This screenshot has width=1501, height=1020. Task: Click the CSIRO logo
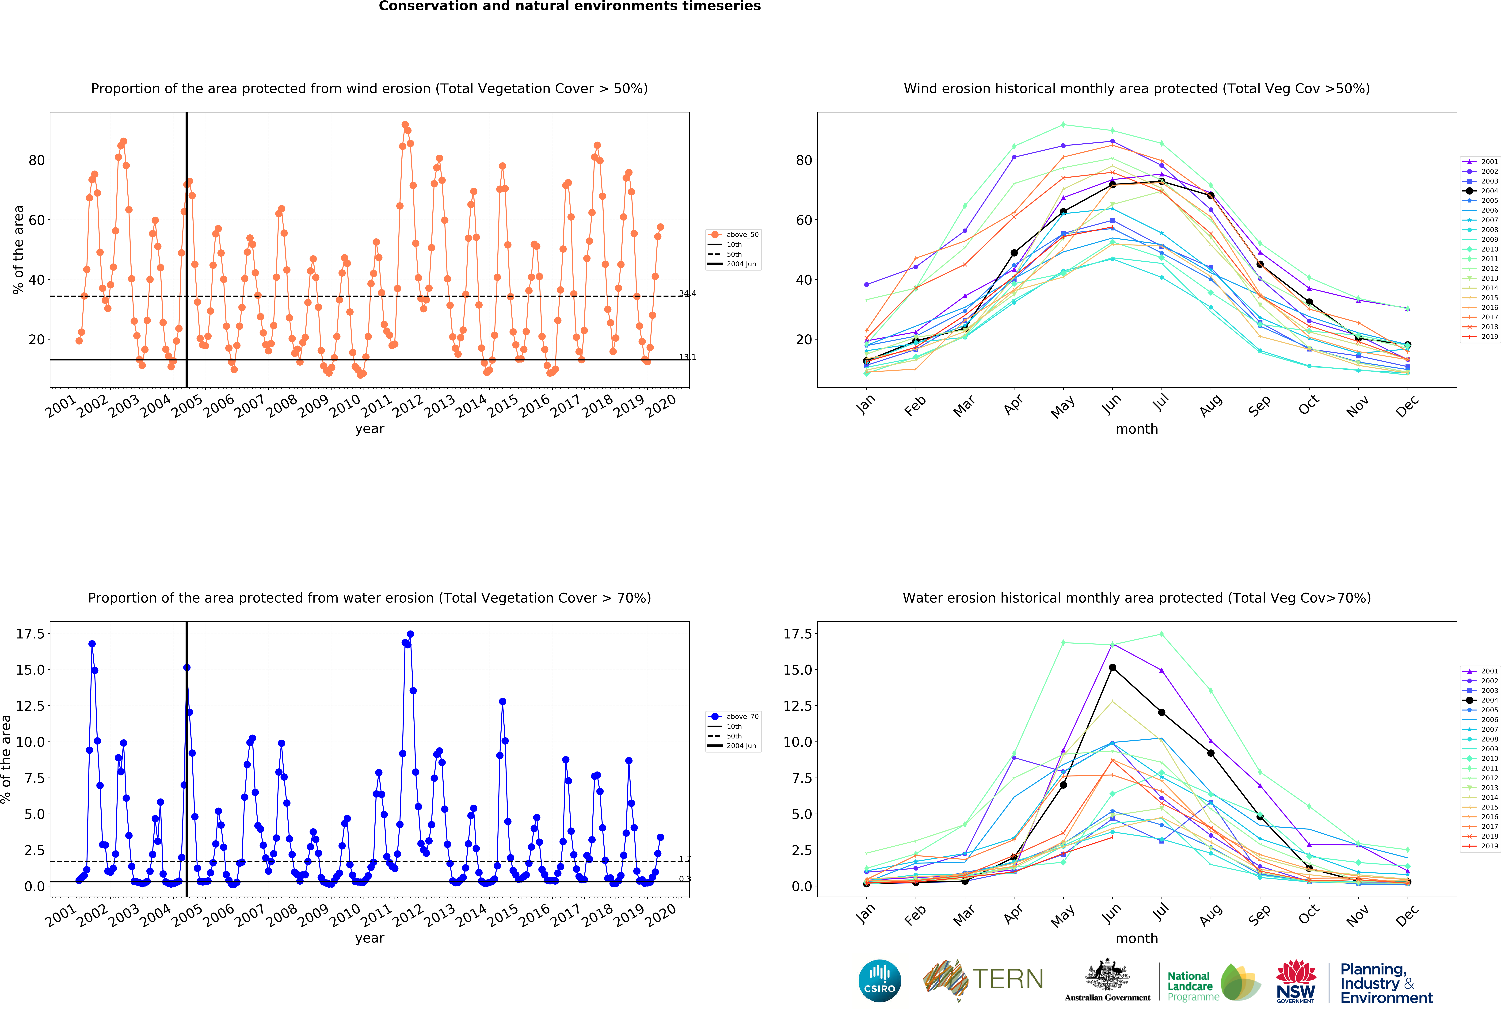click(x=880, y=981)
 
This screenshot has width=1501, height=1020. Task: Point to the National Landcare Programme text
click(x=1192, y=986)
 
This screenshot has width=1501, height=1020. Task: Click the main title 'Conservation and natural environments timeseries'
click(x=570, y=6)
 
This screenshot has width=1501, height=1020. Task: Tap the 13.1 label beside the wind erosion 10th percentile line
click(x=687, y=357)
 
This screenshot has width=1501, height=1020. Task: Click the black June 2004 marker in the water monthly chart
click(x=1112, y=668)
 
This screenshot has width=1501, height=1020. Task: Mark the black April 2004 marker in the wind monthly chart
click(x=1014, y=253)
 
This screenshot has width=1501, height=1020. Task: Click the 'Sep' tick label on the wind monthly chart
click(x=1259, y=405)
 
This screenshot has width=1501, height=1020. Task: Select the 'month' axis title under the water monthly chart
click(x=1137, y=938)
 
